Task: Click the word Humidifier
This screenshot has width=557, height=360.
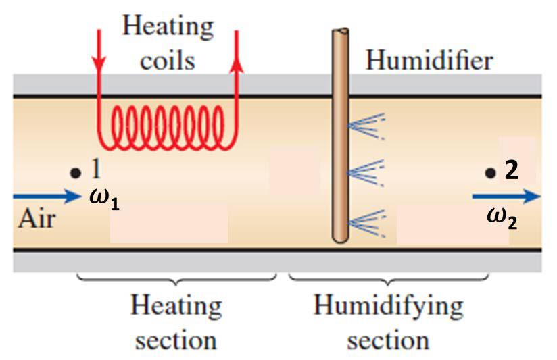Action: coord(429,61)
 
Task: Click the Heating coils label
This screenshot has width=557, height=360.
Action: coord(167,44)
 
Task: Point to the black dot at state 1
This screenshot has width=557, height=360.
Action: coord(74,172)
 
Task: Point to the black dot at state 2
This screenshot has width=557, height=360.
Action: coord(490,174)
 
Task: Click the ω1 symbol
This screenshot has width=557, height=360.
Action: coord(104,199)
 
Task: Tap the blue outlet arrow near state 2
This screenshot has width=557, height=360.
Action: coord(506,197)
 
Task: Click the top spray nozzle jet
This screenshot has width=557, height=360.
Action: coord(366,125)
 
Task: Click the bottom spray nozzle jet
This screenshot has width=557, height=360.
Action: coord(366,220)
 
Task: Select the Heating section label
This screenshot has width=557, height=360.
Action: coord(176,322)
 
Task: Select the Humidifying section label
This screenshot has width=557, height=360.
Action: coord(389,322)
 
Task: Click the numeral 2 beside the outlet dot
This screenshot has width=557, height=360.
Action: coord(512,172)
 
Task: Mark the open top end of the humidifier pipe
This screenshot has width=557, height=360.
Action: coord(340,32)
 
